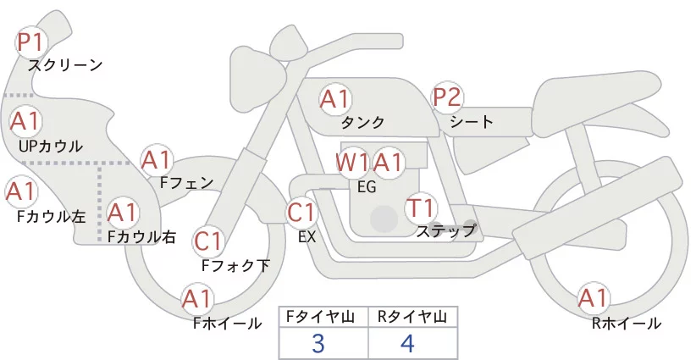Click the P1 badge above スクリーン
(31, 42)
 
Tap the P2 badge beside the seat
(447, 97)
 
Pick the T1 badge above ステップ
(421, 208)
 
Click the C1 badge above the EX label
(301, 213)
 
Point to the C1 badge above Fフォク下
(208, 242)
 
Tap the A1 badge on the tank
(335, 99)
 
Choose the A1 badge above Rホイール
(593, 298)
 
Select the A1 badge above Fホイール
(197, 299)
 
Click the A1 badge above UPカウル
(25, 121)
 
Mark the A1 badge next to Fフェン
(157, 161)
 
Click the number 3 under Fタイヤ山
(318, 343)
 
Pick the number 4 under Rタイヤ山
(407, 343)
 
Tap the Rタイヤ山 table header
(412, 317)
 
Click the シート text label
(472, 122)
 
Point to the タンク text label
(362, 122)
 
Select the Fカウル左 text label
(51, 217)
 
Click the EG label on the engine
(367, 187)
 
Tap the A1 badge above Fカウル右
(123, 213)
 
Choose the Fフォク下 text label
(235, 265)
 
